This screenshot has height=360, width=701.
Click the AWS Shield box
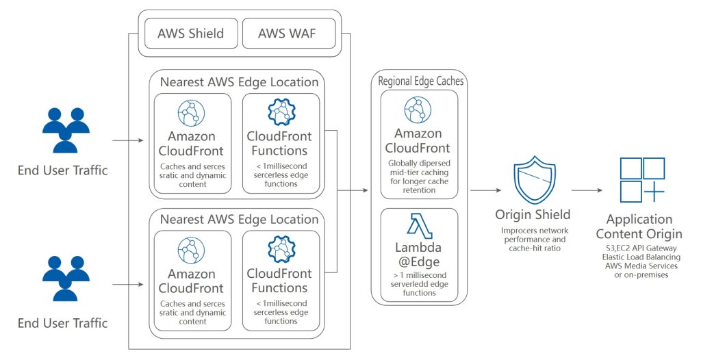(190, 33)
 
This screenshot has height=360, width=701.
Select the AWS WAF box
(287, 33)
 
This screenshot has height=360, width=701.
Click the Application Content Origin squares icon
(641, 180)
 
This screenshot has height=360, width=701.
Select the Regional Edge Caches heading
(421, 81)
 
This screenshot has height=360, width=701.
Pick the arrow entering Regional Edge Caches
(356, 192)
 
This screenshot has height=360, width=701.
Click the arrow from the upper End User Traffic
(126, 142)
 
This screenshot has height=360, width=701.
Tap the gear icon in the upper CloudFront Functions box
(281, 112)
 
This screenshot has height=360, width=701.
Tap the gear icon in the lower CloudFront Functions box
(281, 251)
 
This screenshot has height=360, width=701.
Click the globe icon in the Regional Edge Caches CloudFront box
(418, 109)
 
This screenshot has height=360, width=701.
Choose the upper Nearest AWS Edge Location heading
(239, 82)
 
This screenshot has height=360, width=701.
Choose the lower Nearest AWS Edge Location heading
(239, 220)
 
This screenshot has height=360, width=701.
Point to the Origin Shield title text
(532, 215)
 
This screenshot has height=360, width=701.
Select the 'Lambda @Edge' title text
(418, 255)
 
